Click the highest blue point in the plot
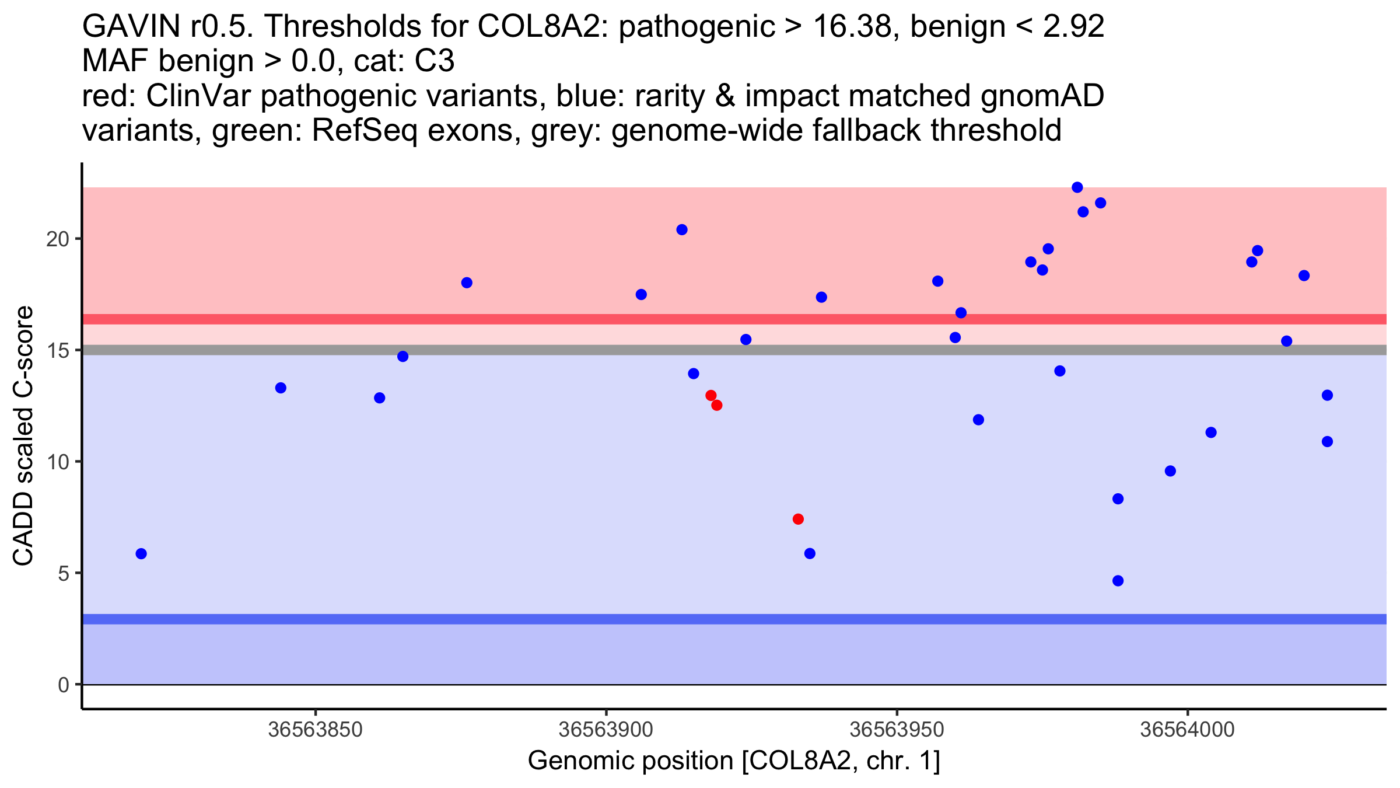point(1077,187)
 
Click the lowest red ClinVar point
point(798,519)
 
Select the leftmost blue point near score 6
point(141,553)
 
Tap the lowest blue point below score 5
point(1118,581)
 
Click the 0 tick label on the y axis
point(64,685)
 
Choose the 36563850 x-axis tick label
point(315,730)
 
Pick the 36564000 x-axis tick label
point(1187,730)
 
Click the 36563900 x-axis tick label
point(605,730)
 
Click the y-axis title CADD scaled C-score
point(23,435)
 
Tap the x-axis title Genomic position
point(734,761)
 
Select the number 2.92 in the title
point(1073,27)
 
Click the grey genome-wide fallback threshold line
point(734,350)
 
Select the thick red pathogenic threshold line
point(734,319)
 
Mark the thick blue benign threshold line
point(734,619)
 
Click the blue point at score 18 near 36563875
point(467,283)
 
